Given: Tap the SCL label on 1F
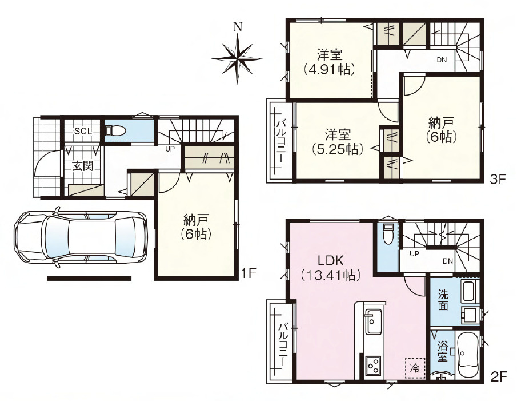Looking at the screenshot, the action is click(x=83, y=131).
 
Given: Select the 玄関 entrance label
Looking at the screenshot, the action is click(x=83, y=166).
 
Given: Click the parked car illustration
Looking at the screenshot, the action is click(x=81, y=237).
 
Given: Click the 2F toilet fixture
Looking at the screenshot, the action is click(x=388, y=235).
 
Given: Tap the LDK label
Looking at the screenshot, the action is click(x=331, y=261).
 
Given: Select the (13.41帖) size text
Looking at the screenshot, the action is click(x=331, y=275).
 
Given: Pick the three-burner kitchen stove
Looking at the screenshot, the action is click(x=374, y=366).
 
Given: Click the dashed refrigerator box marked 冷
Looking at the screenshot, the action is click(x=415, y=368).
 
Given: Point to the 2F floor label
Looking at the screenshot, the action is click(x=498, y=377).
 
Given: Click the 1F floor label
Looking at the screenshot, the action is click(x=249, y=273).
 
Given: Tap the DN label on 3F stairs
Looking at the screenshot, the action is click(x=442, y=59).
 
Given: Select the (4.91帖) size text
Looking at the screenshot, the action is click(x=330, y=69).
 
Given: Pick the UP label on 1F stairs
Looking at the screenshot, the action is click(x=170, y=149).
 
